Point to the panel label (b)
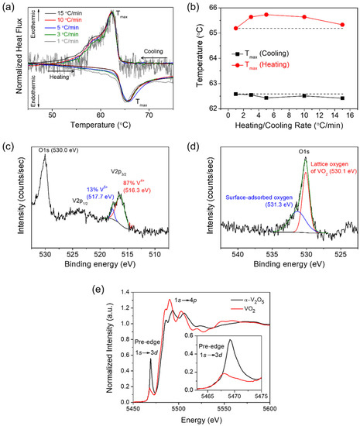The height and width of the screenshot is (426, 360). pos(195,6)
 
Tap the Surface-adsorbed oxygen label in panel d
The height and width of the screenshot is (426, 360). pos(255,196)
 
